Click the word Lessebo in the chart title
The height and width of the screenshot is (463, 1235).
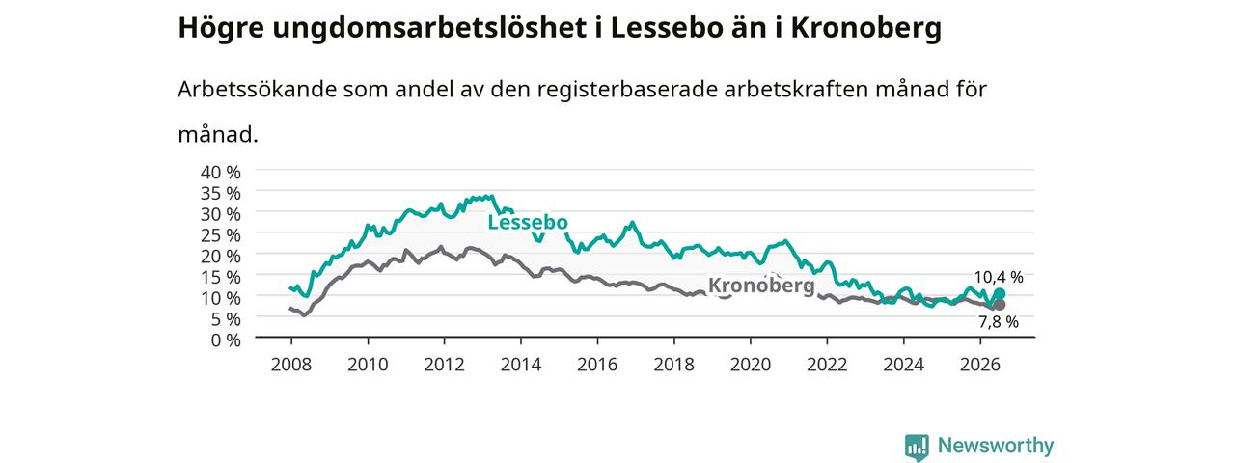pyautogui.click(x=666, y=28)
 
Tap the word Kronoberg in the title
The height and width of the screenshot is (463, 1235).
pyautogui.click(x=866, y=29)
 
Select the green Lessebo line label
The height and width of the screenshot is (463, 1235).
pyautogui.click(x=528, y=222)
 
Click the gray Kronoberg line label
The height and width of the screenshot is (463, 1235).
pyautogui.click(x=761, y=286)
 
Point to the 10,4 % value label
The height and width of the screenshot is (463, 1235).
pyautogui.click(x=999, y=277)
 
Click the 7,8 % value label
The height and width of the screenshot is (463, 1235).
pyautogui.click(x=999, y=322)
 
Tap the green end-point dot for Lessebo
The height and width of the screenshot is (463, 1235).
pyautogui.click(x=1000, y=294)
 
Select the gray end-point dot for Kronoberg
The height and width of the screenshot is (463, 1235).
pyautogui.click(x=999, y=305)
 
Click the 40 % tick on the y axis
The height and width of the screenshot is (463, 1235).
pyautogui.click(x=221, y=173)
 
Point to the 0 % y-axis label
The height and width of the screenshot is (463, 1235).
pyautogui.click(x=226, y=340)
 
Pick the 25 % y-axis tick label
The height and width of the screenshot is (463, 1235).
pyautogui.click(x=221, y=235)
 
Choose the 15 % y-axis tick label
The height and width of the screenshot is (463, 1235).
pyautogui.click(x=221, y=277)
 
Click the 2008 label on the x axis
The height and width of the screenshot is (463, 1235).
pyautogui.click(x=291, y=365)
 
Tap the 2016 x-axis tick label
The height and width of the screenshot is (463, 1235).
pyautogui.click(x=597, y=365)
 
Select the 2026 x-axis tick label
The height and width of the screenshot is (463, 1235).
pyautogui.click(x=979, y=365)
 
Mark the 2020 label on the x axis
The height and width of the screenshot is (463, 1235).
pyautogui.click(x=751, y=365)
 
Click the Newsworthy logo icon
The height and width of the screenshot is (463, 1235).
pyautogui.click(x=917, y=447)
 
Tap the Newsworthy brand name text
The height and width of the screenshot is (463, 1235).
pyautogui.click(x=996, y=446)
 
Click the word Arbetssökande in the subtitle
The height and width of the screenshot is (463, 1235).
pyautogui.click(x=257, y=90)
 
